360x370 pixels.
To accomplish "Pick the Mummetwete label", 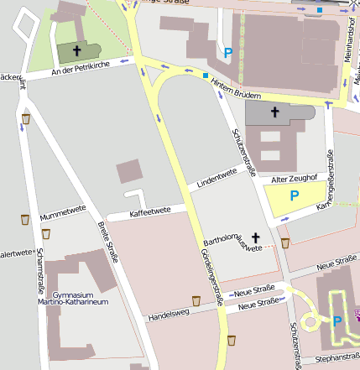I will [63, 213].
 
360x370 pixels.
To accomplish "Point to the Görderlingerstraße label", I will [211, 276].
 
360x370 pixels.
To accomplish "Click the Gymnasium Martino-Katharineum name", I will [80, 299].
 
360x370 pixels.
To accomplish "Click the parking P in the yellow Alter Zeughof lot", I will [294, 195].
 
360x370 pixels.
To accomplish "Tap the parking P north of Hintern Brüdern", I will [228, 53].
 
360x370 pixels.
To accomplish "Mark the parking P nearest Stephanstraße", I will [337, 320].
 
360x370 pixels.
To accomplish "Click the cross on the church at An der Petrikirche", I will [76, 50].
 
